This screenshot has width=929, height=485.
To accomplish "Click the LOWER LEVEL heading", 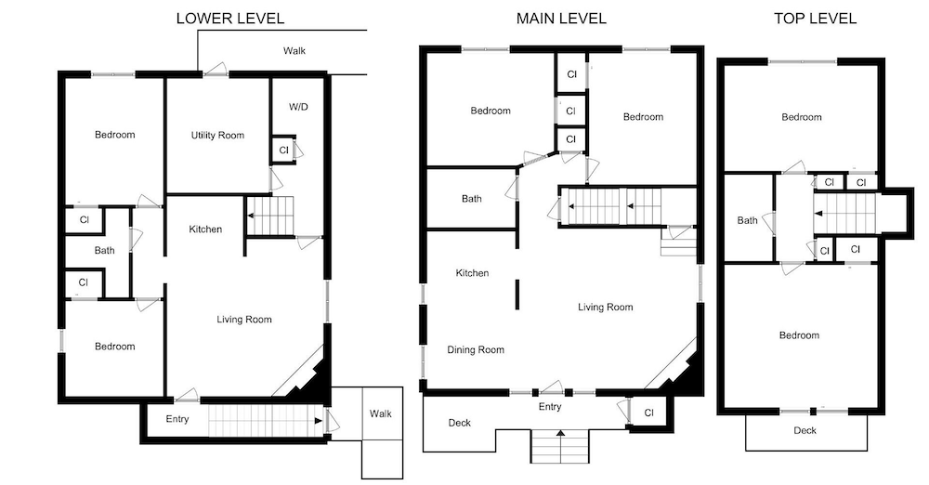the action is click(x=229, y=19).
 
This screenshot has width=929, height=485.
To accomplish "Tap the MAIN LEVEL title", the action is click(x=561, y=19).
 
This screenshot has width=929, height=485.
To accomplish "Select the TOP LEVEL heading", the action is click(x=816, y=19).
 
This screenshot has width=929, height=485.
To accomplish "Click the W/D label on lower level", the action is click(x=298, y=108).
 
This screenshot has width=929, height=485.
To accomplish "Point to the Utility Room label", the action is click(x=217, y=135).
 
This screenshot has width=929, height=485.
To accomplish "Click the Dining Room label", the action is click(x=476, y=350).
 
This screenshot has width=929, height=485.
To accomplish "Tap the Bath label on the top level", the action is click(x=747, y=220).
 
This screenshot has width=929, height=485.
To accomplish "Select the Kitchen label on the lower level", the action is click(x=205, y=229).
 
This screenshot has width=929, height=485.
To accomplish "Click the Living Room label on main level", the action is click(x=606, y=308).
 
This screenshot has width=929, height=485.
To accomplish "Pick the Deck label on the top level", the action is click(x=805, y=430).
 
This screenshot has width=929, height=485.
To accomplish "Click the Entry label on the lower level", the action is click(x=177, y=419).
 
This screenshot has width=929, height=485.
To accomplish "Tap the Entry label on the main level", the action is click(x=550, y=407).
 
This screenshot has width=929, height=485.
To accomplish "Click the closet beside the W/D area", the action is click(x=283, y=150).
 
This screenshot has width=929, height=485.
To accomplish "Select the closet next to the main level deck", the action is click(x=648, y=413).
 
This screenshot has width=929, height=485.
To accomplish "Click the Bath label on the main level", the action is click(x=472, y=199).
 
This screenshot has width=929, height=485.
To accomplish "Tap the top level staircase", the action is click(x=844, y=214).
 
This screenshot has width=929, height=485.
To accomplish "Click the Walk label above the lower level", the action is click(x=294, y=51).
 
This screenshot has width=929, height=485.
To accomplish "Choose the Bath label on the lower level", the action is click(x=104, y=251).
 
